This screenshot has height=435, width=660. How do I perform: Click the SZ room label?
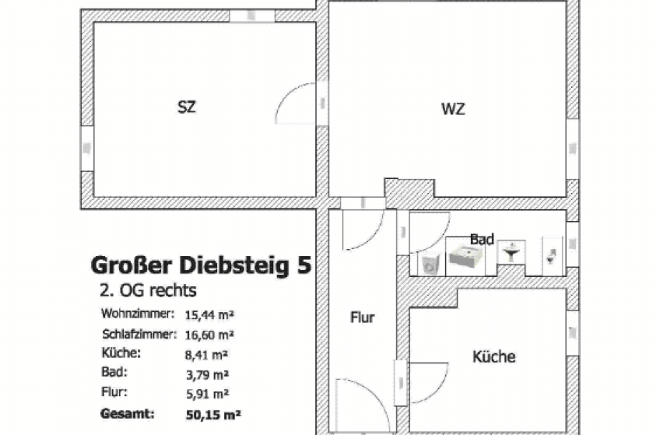187,107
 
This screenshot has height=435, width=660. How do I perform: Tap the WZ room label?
453,109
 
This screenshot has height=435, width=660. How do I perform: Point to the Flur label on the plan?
363,317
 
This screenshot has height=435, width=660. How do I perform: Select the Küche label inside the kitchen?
493,356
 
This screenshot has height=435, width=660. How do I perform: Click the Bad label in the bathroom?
482,240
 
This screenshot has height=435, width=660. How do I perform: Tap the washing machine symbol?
430,265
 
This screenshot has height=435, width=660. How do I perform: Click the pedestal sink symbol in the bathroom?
511,251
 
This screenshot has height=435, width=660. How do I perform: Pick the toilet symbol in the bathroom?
551,256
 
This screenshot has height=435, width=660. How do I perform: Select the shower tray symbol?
466,256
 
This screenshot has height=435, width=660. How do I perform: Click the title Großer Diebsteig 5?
202,265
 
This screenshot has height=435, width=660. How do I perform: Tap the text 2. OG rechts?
148,290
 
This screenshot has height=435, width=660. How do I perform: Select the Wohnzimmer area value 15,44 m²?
209,314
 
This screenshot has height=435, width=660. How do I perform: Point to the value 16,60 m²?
209,335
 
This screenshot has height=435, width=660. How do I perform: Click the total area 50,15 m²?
213,415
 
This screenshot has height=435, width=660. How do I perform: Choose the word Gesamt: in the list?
128,413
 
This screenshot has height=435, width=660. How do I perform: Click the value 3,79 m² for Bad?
208,374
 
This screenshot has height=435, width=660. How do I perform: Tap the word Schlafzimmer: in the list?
139,335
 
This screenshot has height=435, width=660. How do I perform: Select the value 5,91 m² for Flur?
208,395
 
